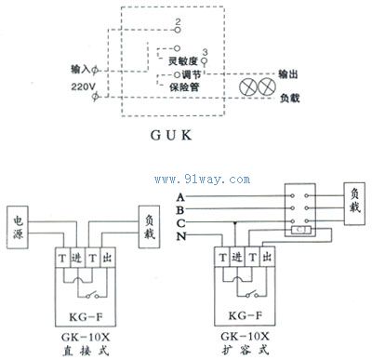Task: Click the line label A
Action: [x=179, y=199]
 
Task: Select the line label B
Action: [x=179, y=212]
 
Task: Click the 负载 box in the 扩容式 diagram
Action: [x=355, y=200]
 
